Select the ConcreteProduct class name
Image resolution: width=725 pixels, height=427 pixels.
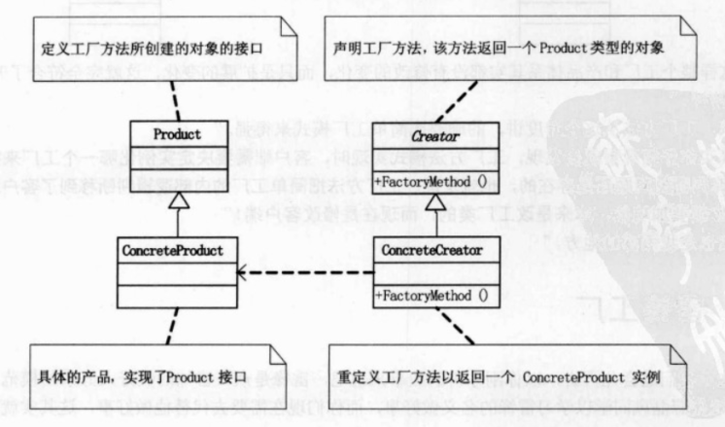click(x=174, y=250)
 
